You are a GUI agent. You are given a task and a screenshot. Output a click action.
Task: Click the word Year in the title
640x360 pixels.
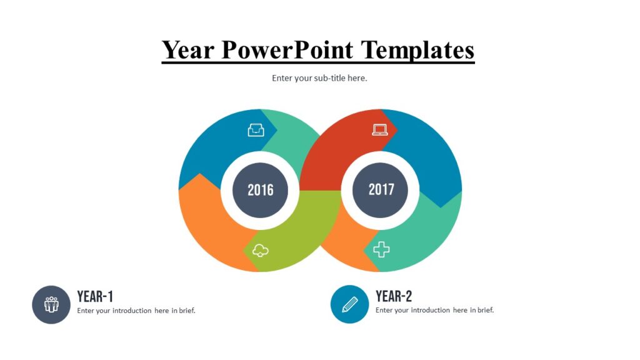point(187,49)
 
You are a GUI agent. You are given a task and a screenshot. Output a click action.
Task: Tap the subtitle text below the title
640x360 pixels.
point(319,78)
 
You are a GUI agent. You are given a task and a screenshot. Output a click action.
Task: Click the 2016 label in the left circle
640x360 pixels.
point(260,190)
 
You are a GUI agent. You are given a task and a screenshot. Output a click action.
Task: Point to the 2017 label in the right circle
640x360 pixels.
point(380,189)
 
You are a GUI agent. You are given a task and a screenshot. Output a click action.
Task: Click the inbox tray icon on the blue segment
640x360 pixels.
point(256,130)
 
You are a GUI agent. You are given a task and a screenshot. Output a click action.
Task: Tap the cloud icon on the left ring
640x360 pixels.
point(261,251)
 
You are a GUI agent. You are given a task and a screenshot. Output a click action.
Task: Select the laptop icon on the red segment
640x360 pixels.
point(380,129)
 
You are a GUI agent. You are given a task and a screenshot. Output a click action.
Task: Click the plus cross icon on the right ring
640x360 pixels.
point(381,249)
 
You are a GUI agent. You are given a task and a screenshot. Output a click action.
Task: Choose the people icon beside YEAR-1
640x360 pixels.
point(51,304)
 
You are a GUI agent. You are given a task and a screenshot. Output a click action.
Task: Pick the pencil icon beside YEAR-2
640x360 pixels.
point(349,304)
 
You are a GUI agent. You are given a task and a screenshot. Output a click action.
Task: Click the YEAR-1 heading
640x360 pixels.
point(95,296)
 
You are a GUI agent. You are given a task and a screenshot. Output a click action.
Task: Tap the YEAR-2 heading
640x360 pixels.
point(394,296)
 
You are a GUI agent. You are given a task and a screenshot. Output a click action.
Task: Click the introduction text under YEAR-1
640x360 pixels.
point(136,311)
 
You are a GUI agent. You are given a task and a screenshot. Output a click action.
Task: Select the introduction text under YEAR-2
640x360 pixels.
point(434,311)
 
